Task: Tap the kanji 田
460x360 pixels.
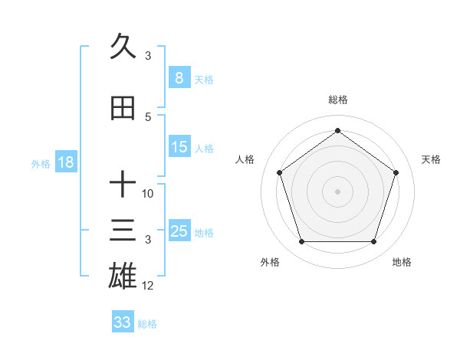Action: [x=123, y=108]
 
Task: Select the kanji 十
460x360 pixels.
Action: [x=123, y=184]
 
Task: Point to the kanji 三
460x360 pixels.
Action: [x=123, y=231]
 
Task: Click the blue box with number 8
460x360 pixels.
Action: [x=179, y=78]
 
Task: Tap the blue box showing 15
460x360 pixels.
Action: [x=179, y=148]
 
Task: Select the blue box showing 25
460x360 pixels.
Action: [x=179, y=231]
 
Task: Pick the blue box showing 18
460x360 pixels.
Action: [x=64, y=162]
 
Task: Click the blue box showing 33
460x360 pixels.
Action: [x=123, y=322]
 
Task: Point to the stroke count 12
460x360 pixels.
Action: [x=148, y=286]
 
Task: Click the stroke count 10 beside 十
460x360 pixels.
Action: [x=148, y=194]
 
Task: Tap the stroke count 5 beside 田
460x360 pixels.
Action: [x=148, y=116]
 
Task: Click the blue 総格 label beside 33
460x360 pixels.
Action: [x=147, y=324]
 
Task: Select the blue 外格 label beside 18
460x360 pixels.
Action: [x=41, y=163]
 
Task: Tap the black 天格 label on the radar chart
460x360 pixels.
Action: [x=431, y=159]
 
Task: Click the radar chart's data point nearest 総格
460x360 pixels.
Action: [x=337, y=131]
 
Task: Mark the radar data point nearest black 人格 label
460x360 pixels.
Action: [x=280, y=172]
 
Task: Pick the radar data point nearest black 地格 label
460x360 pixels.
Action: [x=373, y=242]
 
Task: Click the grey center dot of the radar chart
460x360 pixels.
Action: [x=337, y=191]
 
